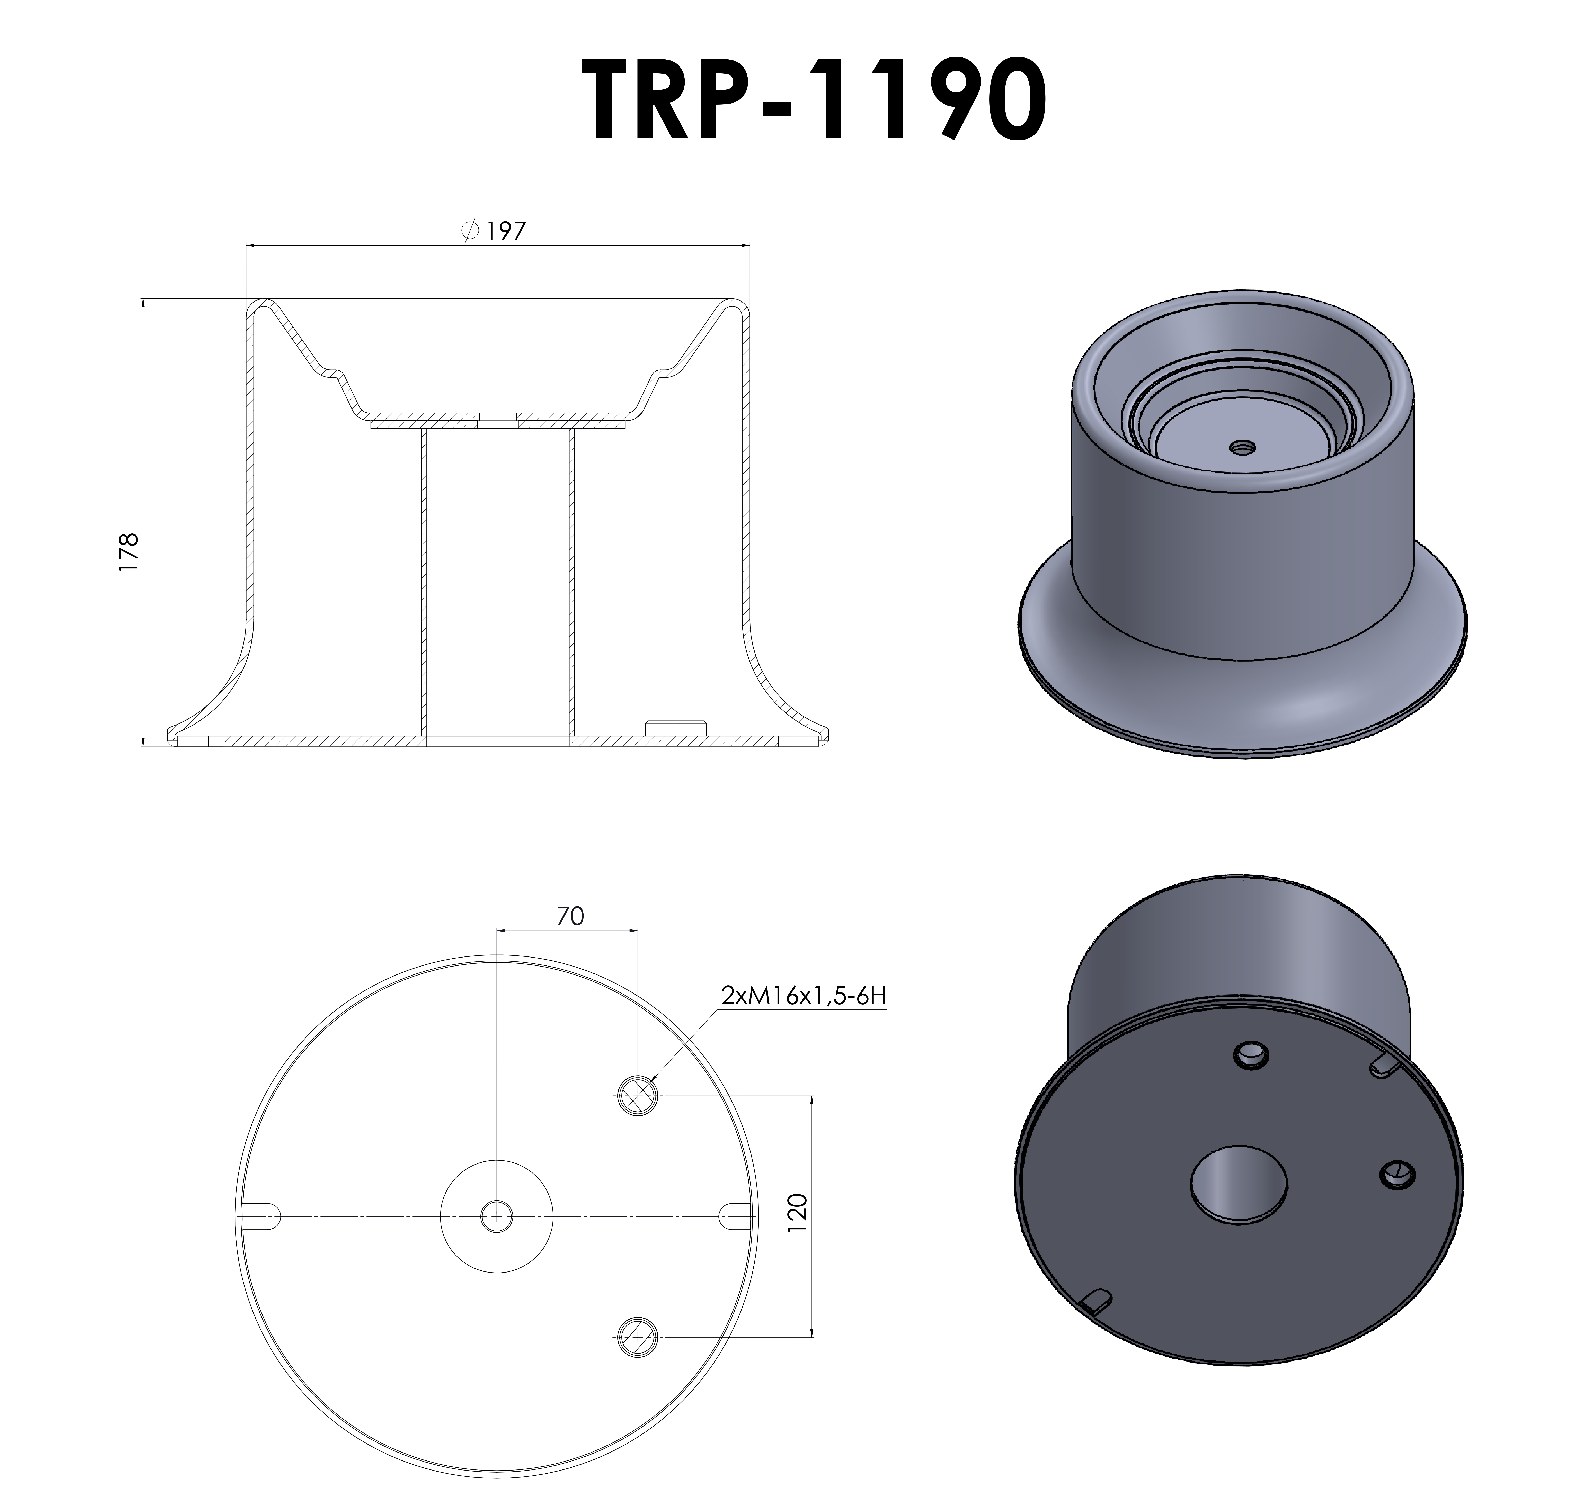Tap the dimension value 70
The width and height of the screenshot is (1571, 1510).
tap(570, 916)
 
